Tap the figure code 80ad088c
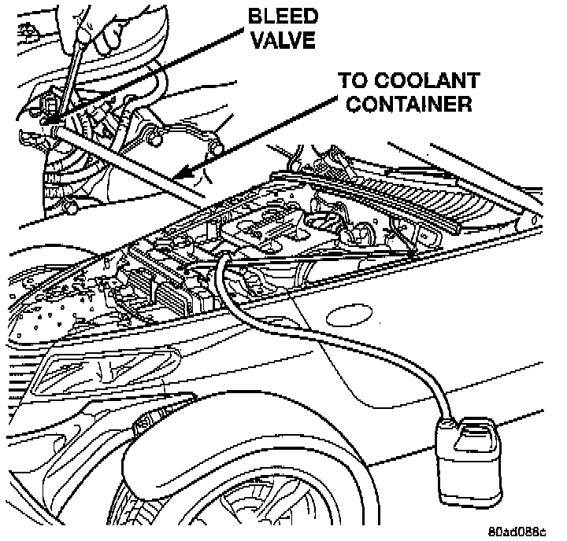pos(516,531)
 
